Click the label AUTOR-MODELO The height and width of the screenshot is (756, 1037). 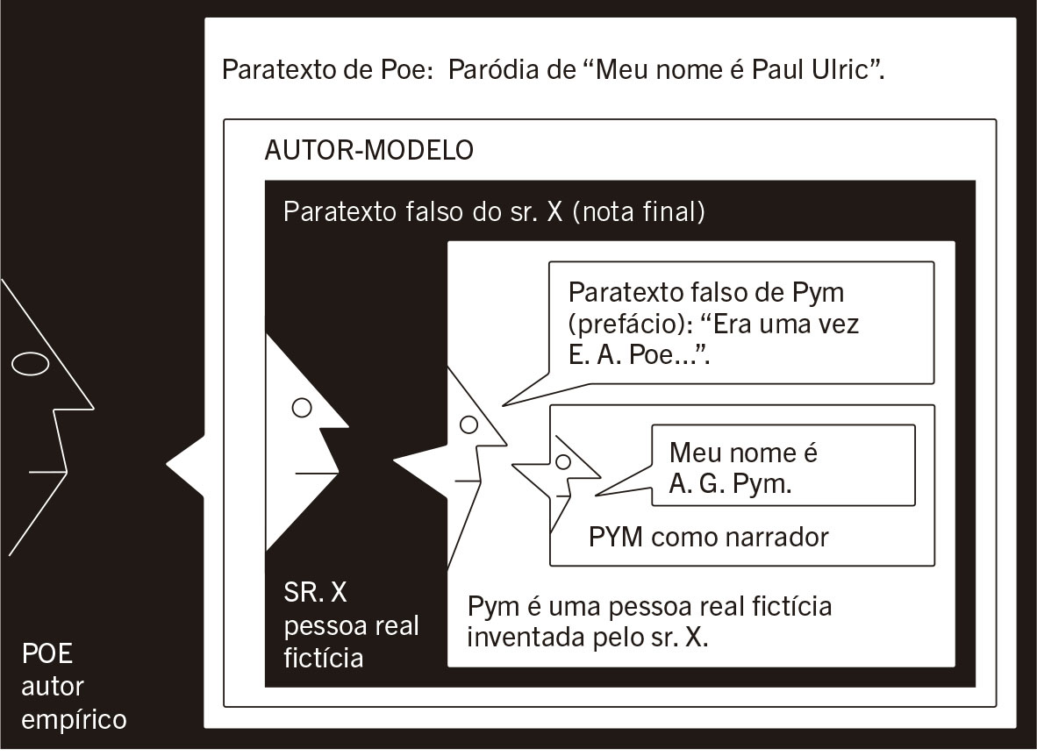[369, 150]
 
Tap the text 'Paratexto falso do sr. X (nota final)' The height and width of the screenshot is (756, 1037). [494, 212]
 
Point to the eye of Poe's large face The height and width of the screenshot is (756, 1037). [30, 363]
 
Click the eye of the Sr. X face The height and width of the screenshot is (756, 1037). [303, 407]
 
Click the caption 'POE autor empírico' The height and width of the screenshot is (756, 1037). [74, 687]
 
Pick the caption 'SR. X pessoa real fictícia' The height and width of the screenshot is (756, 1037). [351, 625]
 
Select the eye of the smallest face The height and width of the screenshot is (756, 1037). [563, 460]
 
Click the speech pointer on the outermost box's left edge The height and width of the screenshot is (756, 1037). [175, 462]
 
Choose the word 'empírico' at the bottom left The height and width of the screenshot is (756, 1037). [74, 720]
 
